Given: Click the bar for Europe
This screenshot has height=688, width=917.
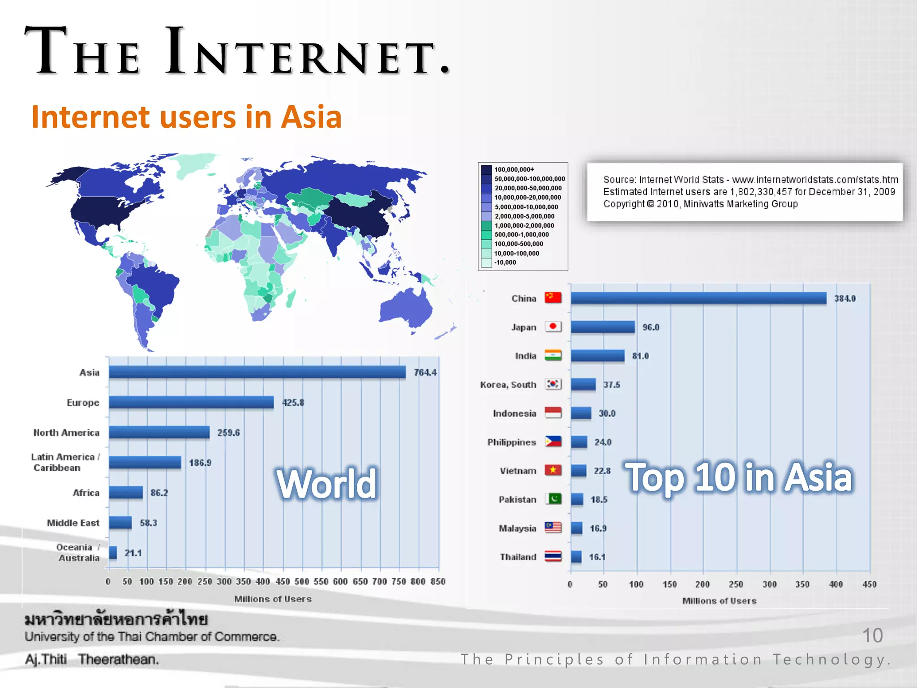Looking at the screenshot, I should tap(191, 402).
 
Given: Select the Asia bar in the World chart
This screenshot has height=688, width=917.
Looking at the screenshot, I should tap(257, 372).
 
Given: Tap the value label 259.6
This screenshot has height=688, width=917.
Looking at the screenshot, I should tap(228, 433).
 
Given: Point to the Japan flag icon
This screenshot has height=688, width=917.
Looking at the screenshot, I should tap(553, 327).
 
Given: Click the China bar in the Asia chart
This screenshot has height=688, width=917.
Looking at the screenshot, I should tap(698, 298).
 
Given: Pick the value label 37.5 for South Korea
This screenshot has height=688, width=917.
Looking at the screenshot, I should tap(612, 385).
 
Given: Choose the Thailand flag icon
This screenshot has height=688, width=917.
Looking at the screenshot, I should tap(553, 556).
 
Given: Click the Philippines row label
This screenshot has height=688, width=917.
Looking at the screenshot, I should tap(511, 442).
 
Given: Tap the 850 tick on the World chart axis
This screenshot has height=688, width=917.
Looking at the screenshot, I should tap(438, 581).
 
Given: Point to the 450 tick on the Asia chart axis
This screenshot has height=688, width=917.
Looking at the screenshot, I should tap(869, 584).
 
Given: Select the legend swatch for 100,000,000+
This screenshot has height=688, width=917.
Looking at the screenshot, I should tap(486, 170).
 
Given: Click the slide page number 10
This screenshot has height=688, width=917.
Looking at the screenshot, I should tap(872, 636).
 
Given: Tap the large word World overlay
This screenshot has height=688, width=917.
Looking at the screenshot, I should tap(327, 484).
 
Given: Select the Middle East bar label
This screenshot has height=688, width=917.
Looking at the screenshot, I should tap(73, 523).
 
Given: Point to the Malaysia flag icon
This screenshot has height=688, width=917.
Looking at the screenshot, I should tap(553, 528).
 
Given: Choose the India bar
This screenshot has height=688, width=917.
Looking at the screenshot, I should tap(598, 356).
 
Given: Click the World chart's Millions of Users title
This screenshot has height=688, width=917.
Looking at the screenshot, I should tap(273, 599).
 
